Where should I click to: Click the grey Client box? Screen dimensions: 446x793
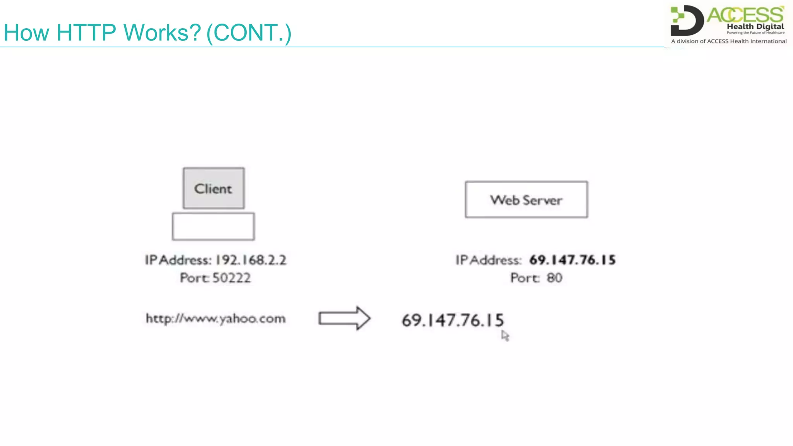pos(213,188)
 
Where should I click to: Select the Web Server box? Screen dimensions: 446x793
pos(526,200)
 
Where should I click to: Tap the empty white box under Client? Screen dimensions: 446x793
pos(213,226)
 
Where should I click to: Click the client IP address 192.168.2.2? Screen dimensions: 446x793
pos(251,260)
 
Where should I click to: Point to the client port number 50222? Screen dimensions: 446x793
pos(232,278)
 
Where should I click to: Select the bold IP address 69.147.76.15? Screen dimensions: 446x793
pos(572,260)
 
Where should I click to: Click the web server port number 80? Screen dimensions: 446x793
pos(554,278)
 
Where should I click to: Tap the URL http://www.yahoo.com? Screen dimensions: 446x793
pos(216,319)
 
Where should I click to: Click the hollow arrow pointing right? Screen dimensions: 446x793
pos(344,318)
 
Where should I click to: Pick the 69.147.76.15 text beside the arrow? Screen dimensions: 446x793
pos(453,320)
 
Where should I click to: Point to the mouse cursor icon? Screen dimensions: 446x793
pos(505,335)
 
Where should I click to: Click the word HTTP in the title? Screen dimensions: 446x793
pos(86,33)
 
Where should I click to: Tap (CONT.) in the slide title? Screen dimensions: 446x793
pos(249,33)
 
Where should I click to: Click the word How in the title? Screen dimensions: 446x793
pos(26,33)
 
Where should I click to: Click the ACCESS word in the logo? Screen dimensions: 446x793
pos(745,15)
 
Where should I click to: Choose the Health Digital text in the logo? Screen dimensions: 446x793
pos(755,26)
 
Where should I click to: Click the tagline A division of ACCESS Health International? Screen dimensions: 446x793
pos(729,41)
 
